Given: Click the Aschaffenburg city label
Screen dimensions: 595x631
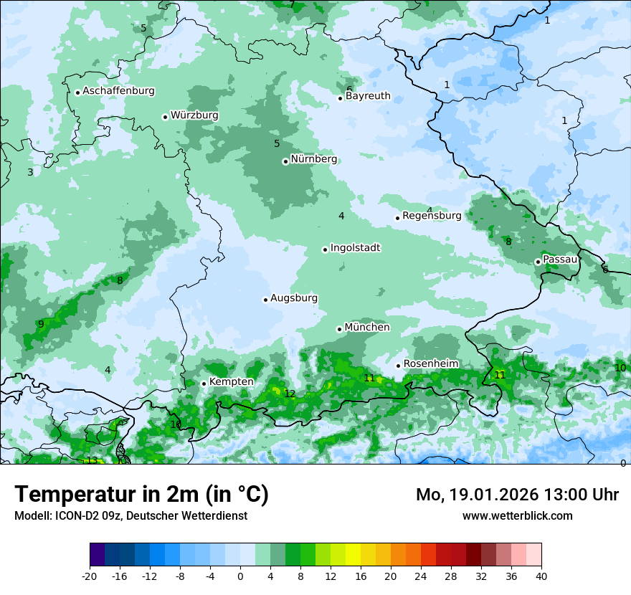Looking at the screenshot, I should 118,91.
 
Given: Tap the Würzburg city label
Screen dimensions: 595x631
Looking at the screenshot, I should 194,115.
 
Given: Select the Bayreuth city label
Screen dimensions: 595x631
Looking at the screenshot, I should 368,96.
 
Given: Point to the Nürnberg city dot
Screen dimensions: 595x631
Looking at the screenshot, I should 285,161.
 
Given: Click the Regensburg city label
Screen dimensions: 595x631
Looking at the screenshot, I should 432,216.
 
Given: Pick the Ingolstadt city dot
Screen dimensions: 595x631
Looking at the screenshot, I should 325,249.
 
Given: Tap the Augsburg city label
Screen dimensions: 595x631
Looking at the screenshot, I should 294,298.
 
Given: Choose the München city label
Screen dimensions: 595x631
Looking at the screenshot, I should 367,328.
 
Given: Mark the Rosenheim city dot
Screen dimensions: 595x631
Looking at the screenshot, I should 398,366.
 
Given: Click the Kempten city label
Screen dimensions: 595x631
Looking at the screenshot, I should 231,382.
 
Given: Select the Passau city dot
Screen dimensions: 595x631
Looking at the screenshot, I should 538,262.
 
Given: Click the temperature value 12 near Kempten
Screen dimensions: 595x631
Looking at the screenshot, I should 290,394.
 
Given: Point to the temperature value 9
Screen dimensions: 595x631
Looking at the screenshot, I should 41,324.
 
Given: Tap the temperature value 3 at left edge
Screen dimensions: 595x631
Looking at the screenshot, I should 30,172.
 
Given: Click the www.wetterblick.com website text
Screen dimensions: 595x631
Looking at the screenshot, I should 517,515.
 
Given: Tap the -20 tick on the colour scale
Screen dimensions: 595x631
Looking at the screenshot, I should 90,576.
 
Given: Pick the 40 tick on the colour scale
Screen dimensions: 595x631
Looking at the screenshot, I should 541,576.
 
